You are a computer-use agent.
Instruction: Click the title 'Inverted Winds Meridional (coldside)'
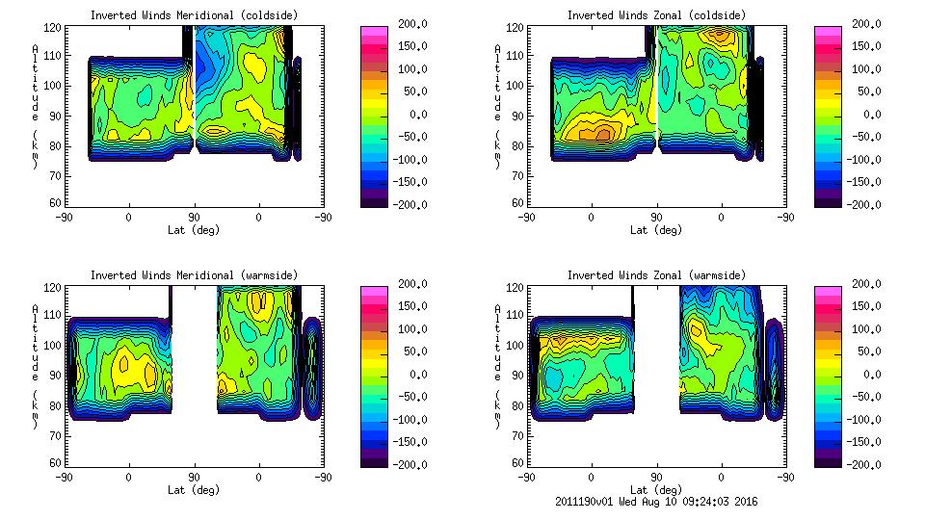click(194, 15)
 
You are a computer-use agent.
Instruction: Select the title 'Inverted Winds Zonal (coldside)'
click(656, 15)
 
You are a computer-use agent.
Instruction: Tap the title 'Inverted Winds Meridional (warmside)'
click(194, 275)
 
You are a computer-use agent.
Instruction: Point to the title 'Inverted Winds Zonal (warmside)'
click(656, 275)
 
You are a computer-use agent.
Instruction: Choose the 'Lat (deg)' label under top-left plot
click(194, 230)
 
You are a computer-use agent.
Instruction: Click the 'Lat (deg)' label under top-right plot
click(657, 230)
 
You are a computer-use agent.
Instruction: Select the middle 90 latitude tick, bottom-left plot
click(194, 477)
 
